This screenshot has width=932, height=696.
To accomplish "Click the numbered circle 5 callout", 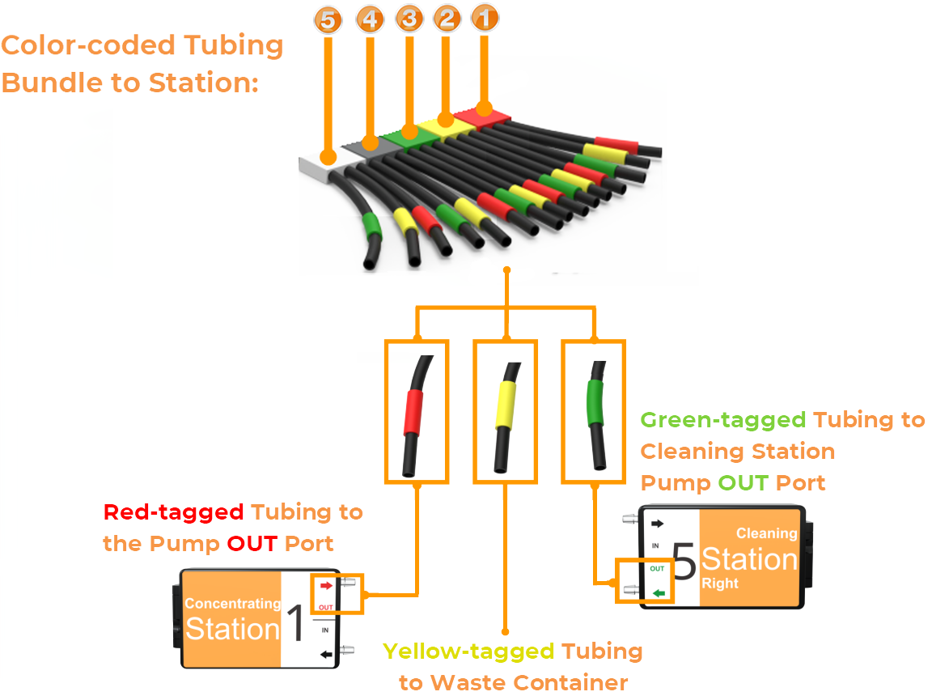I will (x=327, y=22).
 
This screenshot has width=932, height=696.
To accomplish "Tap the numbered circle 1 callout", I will (x=484, y=18).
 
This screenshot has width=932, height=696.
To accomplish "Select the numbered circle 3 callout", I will (x=409, y=19).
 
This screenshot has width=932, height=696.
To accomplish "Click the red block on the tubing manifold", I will (x=484, y=117).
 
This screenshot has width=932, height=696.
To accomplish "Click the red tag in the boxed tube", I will (x=414, y=412).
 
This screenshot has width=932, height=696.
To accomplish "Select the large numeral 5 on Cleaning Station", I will (x=684, y=562).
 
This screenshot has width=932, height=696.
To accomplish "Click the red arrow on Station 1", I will (x=326, y=584).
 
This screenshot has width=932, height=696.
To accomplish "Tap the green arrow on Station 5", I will (x=659, y=593).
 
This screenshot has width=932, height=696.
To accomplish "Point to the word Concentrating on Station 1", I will (x=232, y=603).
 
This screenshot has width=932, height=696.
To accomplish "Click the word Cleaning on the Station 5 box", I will (x=766, y=533).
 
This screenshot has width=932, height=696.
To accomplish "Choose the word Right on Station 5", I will (x=720, y=584).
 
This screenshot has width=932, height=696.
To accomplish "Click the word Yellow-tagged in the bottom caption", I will (x=468, y=651).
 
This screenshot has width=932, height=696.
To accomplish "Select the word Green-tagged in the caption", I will (x=722, y=420).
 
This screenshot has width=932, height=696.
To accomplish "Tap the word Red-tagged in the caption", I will (x=173, y=512).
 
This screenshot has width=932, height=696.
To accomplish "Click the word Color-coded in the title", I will (x=75, y=45).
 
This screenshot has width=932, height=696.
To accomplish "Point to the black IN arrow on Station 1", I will (x=327, y=654).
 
